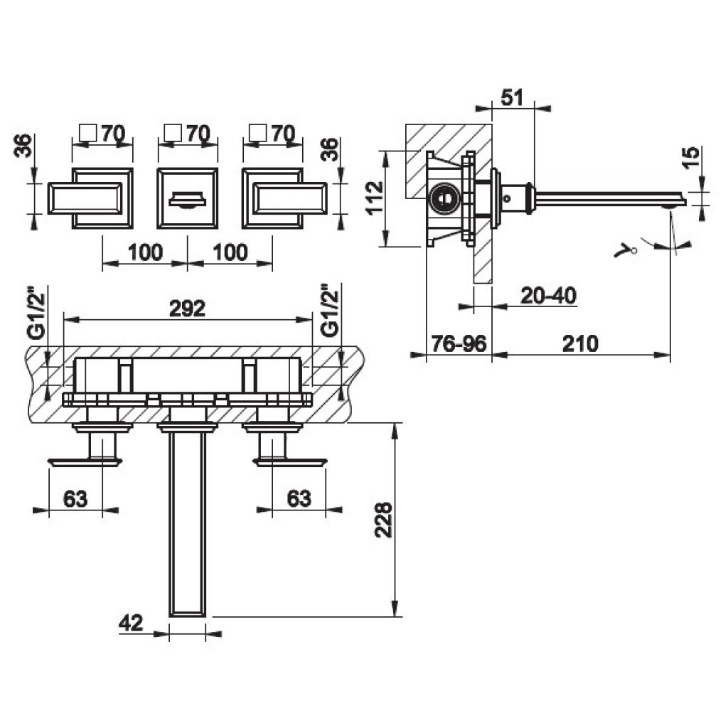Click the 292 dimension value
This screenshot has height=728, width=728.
(x=187, y=309)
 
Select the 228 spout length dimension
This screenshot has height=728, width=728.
(x=384, y=520)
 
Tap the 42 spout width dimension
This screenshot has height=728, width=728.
(x=131, y=623)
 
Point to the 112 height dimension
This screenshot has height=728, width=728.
(x=375, y=197)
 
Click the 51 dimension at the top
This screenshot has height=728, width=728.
(x=512, y=97)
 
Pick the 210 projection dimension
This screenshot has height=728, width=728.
(x=580, y=343)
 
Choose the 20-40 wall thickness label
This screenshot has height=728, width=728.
(x=548, y=295)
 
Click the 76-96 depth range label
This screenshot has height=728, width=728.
(x=459, y=343)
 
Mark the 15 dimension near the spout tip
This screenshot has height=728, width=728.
(x=692, y=158)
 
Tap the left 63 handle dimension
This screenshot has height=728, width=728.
(x=75, y=498)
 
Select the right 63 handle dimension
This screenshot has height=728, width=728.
(x=299, y=498)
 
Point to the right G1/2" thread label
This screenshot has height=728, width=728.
(x=330, y=311)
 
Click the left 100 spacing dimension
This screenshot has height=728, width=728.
(x=145, y=252)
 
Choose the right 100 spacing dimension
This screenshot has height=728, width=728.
(x=230, y=252)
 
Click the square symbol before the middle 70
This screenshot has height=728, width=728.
(x=173, y=132)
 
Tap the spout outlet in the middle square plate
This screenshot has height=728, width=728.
(x=188, y=199)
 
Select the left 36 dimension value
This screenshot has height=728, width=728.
(x=23, y=146)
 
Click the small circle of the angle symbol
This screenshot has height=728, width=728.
(x=633, y=251)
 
